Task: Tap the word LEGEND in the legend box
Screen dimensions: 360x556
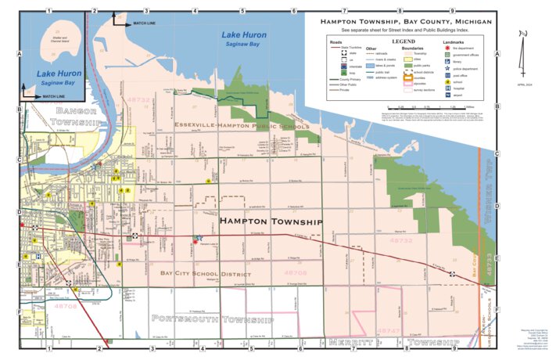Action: [x=404, y=39]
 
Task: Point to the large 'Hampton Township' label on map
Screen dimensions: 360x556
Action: [x=271, y=222]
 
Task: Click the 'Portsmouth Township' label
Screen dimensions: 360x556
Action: [x=213, y=320]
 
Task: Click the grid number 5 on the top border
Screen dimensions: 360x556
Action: [x=242, y=11]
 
